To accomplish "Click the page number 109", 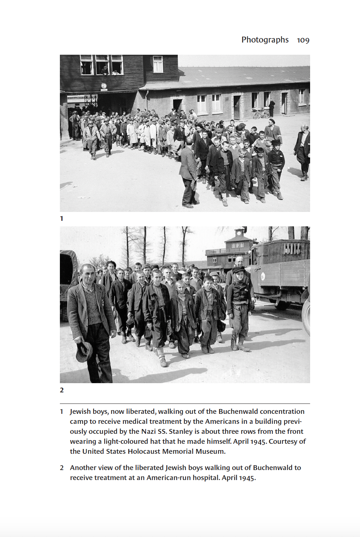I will [303, 40].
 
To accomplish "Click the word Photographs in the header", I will [265, 40].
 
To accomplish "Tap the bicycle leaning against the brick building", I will [261, 113].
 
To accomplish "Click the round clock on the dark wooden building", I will [104, 86].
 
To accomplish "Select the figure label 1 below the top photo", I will [62, 219].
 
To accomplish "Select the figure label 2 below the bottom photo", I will [62, 390].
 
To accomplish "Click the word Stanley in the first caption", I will [181, 432].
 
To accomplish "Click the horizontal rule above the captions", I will [185, 403].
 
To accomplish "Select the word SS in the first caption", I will [162, 432].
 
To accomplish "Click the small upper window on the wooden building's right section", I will [158, 64].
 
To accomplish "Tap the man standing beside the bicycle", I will [272, 108].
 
